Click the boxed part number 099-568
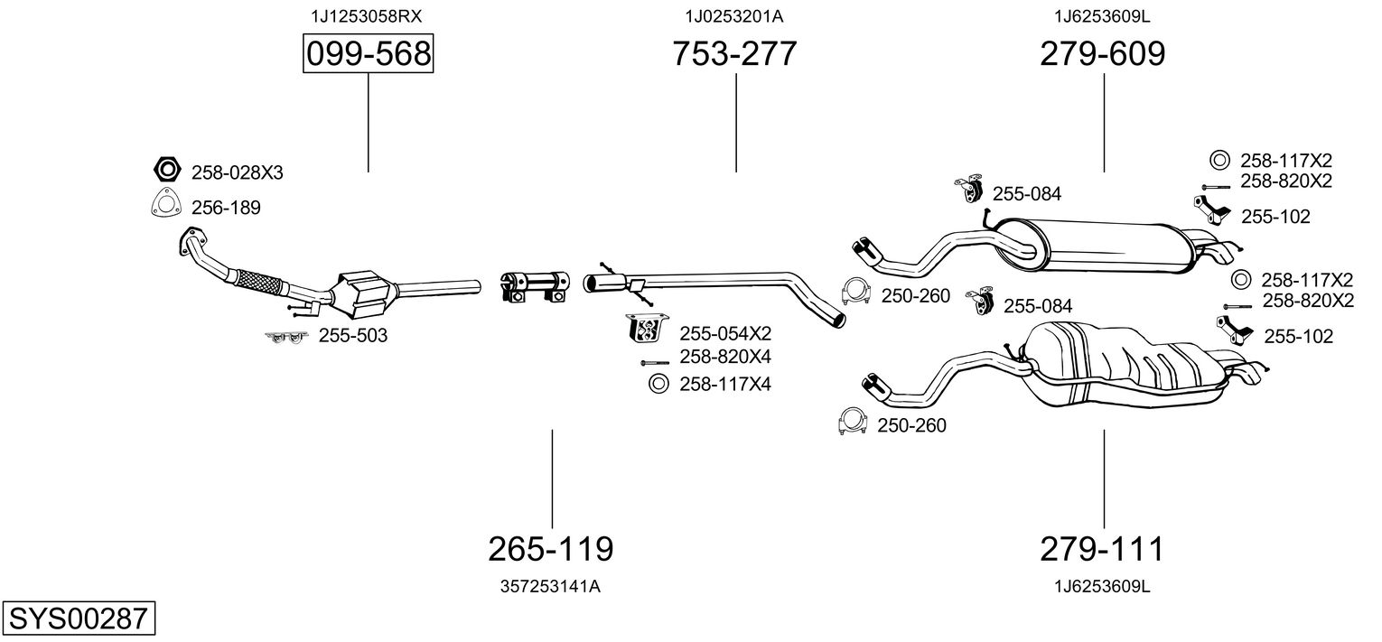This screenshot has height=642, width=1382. point(368,54)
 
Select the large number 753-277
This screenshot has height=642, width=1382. point(734,54)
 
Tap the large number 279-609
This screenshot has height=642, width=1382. point(1102,54)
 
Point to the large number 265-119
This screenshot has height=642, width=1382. point(550,548)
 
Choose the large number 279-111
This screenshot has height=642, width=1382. point(1102,548)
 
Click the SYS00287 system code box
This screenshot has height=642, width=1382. point(78,619)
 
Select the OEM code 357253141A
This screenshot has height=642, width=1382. point(550,586)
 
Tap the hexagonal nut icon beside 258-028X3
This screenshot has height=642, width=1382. point(165,170)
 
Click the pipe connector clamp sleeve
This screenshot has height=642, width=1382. point(534,283)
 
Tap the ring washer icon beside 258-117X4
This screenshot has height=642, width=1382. point(658,385)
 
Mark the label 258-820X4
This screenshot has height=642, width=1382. point(725,357)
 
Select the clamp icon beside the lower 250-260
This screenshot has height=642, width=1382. point(852,422)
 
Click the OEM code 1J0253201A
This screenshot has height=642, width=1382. point(734,16)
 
